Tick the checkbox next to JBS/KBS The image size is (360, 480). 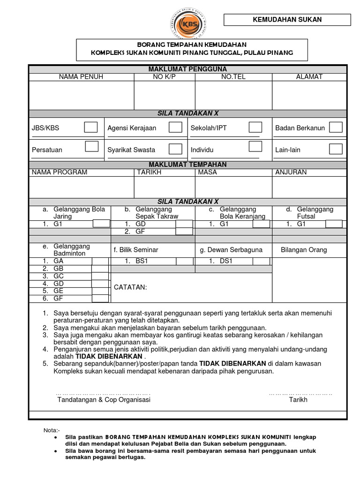click(x=91, y=127)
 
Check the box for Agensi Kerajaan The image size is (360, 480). click(x=175, y=127)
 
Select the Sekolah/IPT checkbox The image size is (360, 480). click(x=255, y=127)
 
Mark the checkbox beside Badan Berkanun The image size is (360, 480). click(x=336, y=127)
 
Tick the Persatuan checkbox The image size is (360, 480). click(x=91, y=147)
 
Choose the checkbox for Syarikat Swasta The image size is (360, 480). click(x=175, y=149)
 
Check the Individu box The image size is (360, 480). click(x=255, y=147)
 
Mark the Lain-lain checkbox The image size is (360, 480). click(x=336, y=149)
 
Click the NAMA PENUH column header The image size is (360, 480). click(x=81, y=77)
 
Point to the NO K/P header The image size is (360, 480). click(x=164, y=77)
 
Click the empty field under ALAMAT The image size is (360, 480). click(x=309, y=95)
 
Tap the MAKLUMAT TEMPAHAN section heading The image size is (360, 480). click(x=187, y=165)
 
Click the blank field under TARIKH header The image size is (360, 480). click(x=164, y=187)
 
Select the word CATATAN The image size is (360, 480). click(x=130, y=287)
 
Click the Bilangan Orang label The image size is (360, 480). click(x=304, y=250)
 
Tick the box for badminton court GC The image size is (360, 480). click(x=100, y=276)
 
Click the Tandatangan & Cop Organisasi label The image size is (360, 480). click(x=104, y=400)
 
